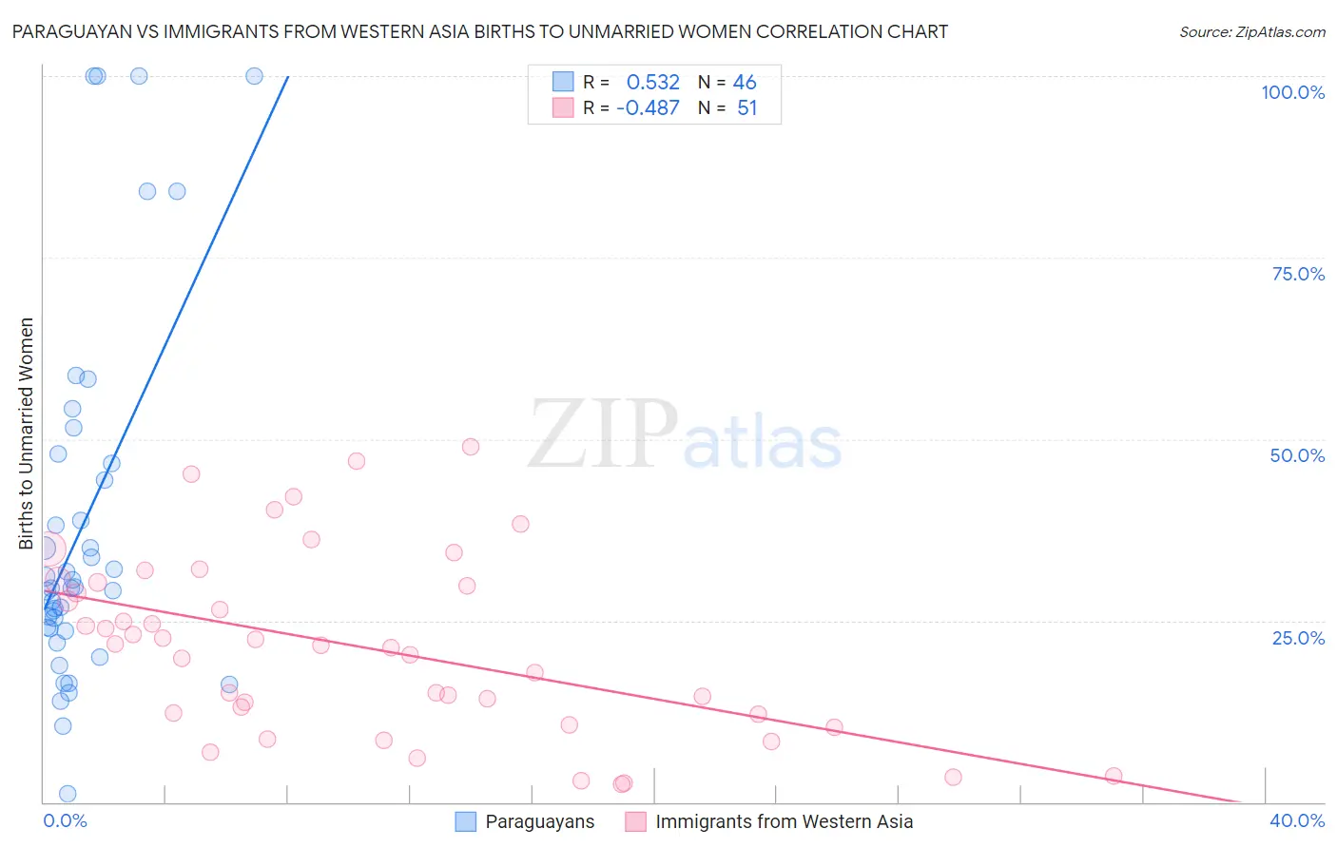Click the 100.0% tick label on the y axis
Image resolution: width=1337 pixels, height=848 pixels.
click(x=1292, y=92)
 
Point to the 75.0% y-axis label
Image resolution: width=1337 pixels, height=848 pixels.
click(x=1298, y=274)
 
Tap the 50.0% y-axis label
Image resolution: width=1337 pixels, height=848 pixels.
click(x=1297, y=455)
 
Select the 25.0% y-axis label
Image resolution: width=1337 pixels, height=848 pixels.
click(x=1298, y=637)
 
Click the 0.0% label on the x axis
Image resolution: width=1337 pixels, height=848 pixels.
click(x=65, y=820)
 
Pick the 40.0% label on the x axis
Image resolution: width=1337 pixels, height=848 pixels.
click(x=1297, y=820)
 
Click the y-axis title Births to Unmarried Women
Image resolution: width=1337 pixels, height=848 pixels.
click(x=26, y=434)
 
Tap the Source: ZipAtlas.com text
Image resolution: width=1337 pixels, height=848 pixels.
click(x=1251, y=31)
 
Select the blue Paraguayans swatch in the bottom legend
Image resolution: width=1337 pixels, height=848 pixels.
click(x=465, y=821)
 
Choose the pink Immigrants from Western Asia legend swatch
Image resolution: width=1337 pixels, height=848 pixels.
click(x=635, y=821)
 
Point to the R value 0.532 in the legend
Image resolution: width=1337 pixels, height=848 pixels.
click(x=652, y=82)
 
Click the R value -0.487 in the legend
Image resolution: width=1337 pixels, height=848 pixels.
click(x=648, y=107)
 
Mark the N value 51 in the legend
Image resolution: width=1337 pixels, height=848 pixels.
click(x=746, y=107)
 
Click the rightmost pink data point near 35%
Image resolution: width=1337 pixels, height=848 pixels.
click(x=1114, y=776)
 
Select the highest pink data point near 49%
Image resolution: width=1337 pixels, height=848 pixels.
click(x=471, y=447)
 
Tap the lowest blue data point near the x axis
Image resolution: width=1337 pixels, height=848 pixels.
click(x=68, y=794)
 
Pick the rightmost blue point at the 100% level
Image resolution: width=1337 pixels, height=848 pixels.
click(x=254, y=76)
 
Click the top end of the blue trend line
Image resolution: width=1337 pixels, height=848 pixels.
click(x=287, y=76)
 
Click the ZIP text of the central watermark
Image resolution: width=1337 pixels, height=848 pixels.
click(x=602, y=434)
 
